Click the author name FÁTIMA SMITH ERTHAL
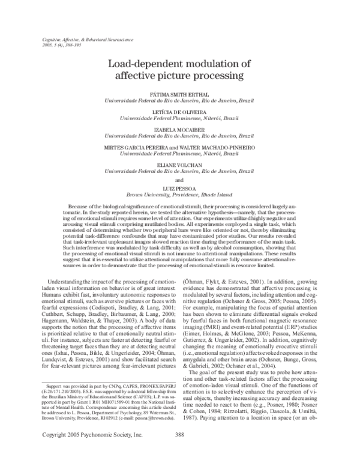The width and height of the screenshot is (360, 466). tap(180, 94)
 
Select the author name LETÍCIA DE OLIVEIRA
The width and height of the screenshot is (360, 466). tap(180, 112)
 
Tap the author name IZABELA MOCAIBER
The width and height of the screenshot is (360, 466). tap(180, 129)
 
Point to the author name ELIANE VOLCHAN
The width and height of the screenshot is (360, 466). tap(180, 164)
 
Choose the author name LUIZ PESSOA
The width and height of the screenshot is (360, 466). tap(180, 187)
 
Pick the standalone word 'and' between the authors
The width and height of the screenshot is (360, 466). tap(180, 179)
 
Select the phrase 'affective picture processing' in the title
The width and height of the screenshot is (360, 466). tap(180, 76)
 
